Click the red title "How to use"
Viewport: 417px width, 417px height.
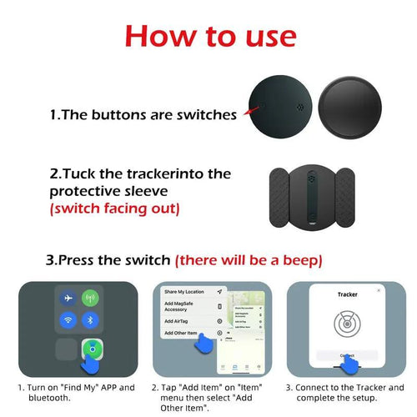tap(209, 36)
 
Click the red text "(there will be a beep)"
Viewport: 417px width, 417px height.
tap(249, 260)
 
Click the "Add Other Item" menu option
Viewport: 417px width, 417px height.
tap(182, 333)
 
